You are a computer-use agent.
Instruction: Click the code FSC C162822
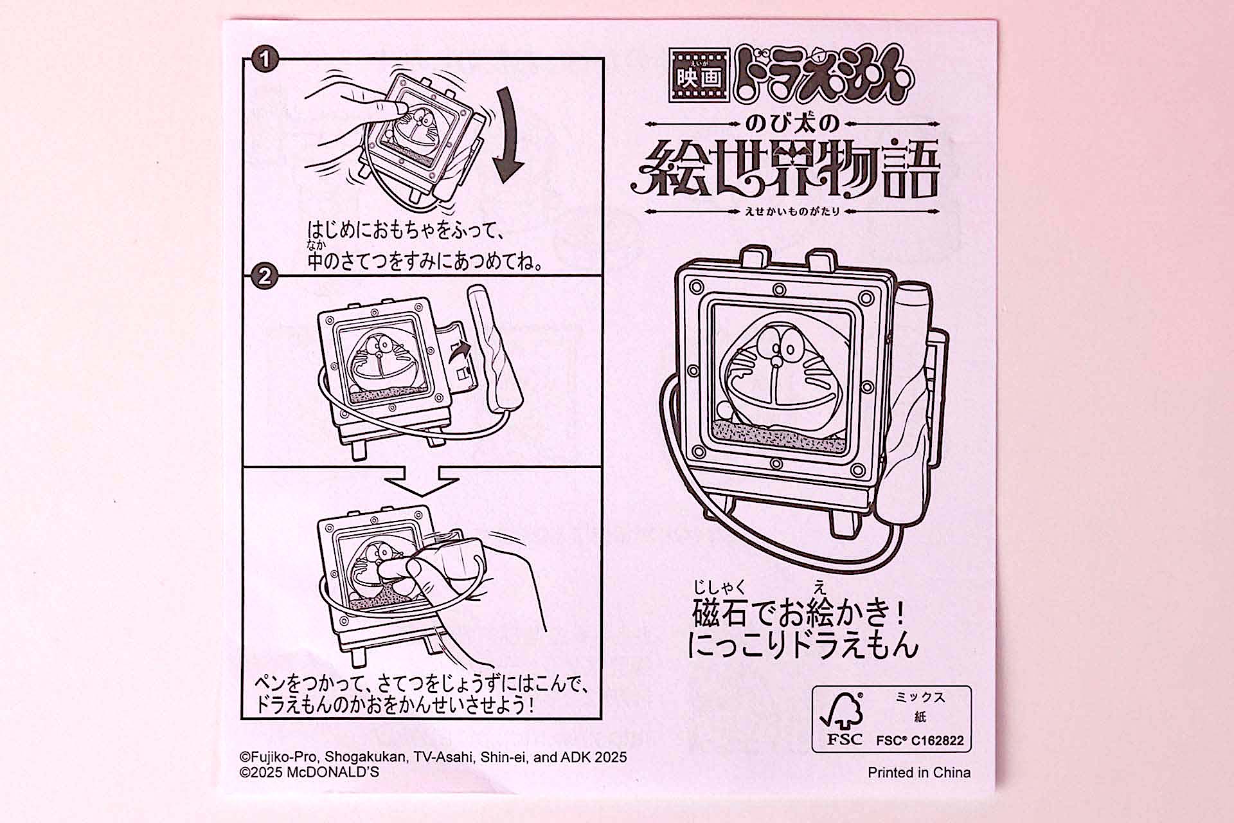pyautogui.click(x=920, y=740)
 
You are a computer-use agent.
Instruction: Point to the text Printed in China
pyautogui.click(x=918, y=772)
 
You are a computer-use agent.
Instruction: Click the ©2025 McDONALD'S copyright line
pyautogui.click(x=309, y=772)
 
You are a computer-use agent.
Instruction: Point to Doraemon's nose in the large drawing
pyautogui.click(x=776, y=360)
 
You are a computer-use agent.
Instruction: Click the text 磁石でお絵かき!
pyautogui.click(x=800, y=613)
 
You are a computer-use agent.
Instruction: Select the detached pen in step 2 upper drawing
pyautogui.click(x=496, y=350)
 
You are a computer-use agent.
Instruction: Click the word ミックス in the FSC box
pyautogui.click(x=920, y=698)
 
